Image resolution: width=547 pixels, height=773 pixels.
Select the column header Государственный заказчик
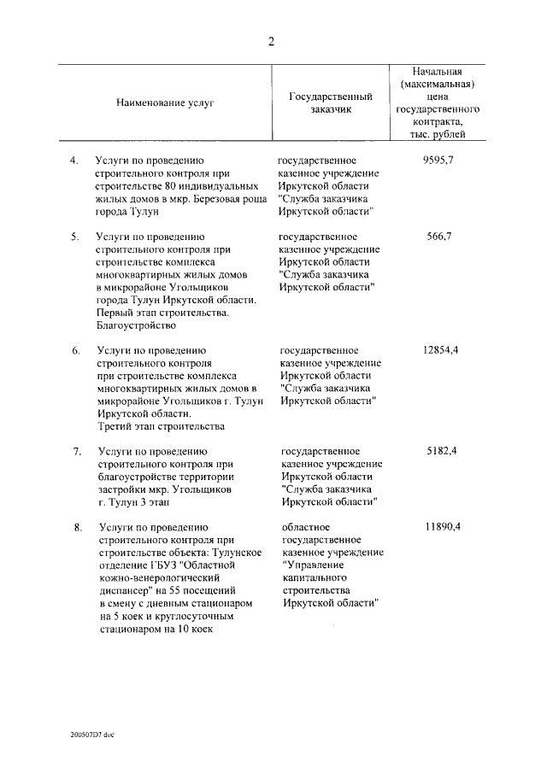(329, 102)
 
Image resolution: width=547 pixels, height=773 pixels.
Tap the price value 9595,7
(437, 160)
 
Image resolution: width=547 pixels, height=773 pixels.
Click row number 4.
(74, 160)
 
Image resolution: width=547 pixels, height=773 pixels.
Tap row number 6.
(75, 350)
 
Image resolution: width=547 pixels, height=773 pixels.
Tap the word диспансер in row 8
(124, 590)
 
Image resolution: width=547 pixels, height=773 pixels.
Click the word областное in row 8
(305, 527)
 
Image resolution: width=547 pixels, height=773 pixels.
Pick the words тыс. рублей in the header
(437, 135)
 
